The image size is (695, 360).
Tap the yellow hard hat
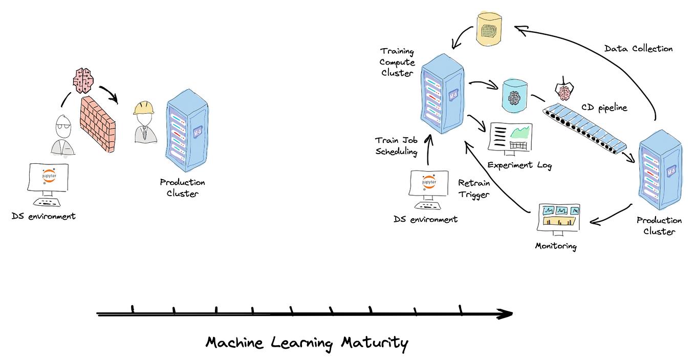tap(144, 108)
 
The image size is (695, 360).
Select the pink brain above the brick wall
tap(83, 80)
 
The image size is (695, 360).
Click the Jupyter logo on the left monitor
tap(49, 176)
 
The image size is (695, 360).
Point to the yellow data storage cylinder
tap(489, 29)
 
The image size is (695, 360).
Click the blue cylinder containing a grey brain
tap(514, 96)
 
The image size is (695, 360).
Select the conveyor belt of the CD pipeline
tap(584, 129)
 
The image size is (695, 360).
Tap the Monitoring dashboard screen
tap(558, 217)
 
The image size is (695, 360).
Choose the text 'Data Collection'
tap(639, 49)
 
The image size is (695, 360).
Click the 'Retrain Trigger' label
tap(474, 188)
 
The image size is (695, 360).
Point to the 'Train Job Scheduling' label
tap(397, 146)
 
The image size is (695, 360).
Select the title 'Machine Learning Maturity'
tap(307, 343)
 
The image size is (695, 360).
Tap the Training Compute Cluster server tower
tap(443, 94)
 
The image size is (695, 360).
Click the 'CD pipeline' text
tap(604, 108)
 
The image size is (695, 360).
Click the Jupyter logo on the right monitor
tap(429, 182)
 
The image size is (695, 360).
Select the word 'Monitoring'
tap(556, 246)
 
